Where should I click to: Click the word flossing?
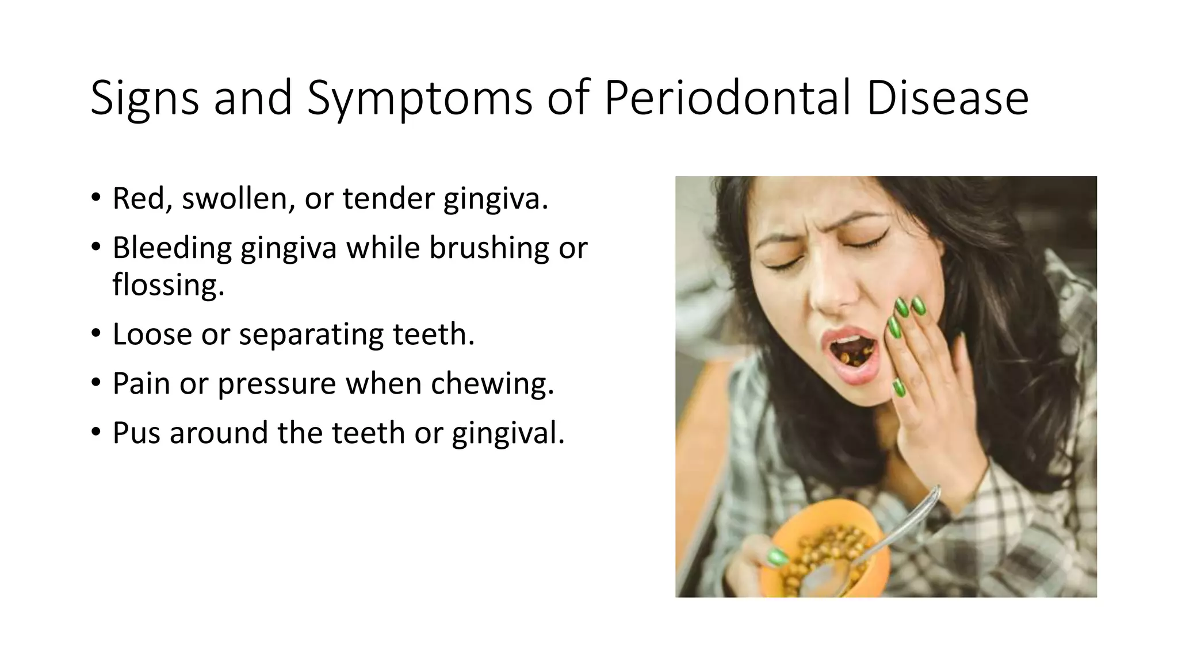coord(168,284)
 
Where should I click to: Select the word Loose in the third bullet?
coord(152,334)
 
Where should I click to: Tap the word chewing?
coord(492,383)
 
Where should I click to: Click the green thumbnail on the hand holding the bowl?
coord(777,556)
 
